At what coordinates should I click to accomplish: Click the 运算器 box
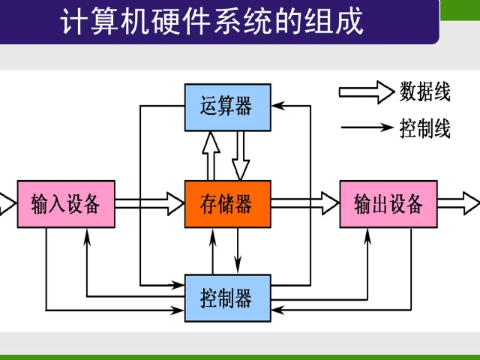(x=227, y=106)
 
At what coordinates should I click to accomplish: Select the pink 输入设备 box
(x=66, y=203)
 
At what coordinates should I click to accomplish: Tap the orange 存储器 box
(x=227, y=203)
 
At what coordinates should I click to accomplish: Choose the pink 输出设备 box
(x=388, y=203)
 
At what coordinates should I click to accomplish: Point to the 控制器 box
(x=227, y=298)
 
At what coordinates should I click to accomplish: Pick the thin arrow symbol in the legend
(x=367, y=127)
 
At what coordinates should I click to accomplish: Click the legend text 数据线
(x=425, y=93)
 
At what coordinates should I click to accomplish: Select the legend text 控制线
(x=425, y=128)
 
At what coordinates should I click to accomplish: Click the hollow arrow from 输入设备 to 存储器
(x=150, y=203)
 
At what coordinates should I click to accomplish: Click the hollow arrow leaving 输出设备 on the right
(x=458, y=203)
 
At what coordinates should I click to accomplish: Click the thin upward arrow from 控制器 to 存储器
(x=214, y=251)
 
